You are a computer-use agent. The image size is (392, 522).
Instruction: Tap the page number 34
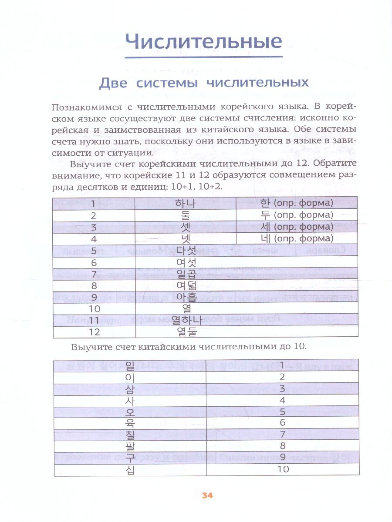tap(207, 495)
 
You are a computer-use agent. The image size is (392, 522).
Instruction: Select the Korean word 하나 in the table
tap(185, 203)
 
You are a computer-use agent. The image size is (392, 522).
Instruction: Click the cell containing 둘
tap(185, 215)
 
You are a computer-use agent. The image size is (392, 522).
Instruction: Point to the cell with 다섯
tap(186, 251)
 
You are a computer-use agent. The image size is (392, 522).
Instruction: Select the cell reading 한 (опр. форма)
tap(296, 203)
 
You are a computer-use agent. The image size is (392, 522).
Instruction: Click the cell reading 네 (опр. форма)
tap(296, 238)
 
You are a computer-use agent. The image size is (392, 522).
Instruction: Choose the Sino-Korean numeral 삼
tap(130, 388)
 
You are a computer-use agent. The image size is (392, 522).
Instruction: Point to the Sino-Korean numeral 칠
tap(130, 434)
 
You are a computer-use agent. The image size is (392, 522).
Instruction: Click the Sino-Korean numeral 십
tap(130, 469)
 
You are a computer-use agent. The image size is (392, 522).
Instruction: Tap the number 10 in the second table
tap(283, 469)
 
